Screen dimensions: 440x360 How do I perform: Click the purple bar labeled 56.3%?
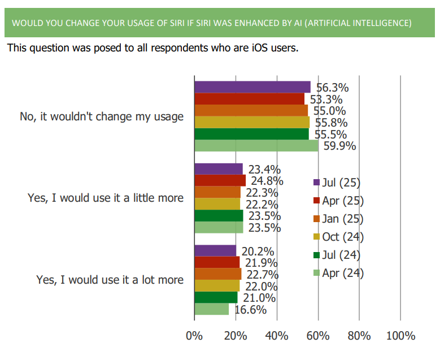click(252, 87)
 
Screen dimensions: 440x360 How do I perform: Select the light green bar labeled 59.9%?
click(256, 146)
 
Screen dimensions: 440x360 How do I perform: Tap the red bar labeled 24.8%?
click(220, 180)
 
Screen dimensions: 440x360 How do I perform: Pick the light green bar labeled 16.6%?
click(212, 309)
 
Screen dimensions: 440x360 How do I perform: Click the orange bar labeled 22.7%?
click(218, 274)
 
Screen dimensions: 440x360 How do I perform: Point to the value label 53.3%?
click(326, 99)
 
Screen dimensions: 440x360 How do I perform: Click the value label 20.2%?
click(258, 251)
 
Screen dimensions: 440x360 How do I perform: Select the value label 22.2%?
click(262, 205)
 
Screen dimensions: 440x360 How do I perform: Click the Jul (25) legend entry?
click(337, 183)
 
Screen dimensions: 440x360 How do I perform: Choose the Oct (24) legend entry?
click(338, 237)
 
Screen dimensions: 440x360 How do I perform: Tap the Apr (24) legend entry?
click(338, 273)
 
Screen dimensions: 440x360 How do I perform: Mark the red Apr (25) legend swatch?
click(316, 201)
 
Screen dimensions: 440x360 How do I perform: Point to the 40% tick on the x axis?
click(277, 336)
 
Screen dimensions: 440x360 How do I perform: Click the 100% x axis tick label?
click(400, 336)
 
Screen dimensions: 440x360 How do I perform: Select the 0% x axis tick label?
click(194, 336)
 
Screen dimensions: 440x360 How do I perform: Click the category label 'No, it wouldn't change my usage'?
click(102, 116)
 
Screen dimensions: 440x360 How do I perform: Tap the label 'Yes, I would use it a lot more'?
click(110, 280)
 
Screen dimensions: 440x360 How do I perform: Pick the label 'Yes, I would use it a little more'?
click(106, 198)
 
